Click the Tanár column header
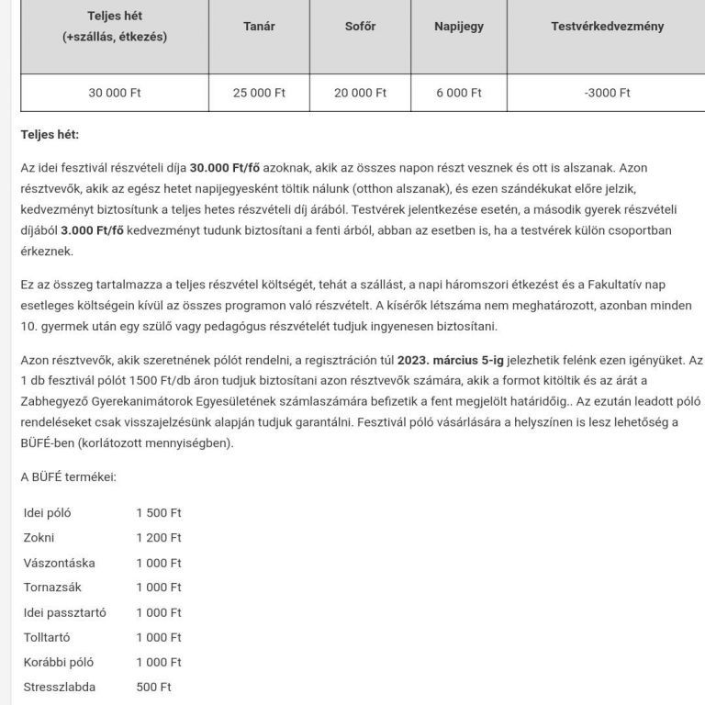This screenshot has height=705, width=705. pyautogui.click(x=259, y=27)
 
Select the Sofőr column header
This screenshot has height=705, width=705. pyautogui.click(x=360, y=27)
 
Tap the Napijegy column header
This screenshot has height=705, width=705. pyautogui.click(x=458, y=27)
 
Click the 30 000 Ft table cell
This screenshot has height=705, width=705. pyautogui.click(x=115, y=93)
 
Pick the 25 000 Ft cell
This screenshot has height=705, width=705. pyautogui.click(x=259, y=93)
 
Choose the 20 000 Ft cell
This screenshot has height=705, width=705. pyautogui.click(x=360, y=93)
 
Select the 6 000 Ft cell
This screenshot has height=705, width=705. pyautogui.click(x=458, y=93)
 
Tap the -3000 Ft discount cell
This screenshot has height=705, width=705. pyautogui.click(x=607, y=93)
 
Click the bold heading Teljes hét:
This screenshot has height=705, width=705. pyautogui.click(x=50, y=135)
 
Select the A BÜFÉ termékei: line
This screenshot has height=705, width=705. pyautogui.click(x=69, y=476)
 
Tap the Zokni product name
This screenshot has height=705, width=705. pyautogui.click(x=40, y=538)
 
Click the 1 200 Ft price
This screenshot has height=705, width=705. pyautogui.click(x=159, y=538)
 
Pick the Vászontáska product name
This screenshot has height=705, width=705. pyautogui.click(x=59, y=563)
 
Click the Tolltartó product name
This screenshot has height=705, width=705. pyautogui.click(x=47, y=637)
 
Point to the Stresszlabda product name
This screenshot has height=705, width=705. pyautogui.click(x=59, y=687)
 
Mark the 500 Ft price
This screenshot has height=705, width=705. pyautogui.click(x=153, y=687)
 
